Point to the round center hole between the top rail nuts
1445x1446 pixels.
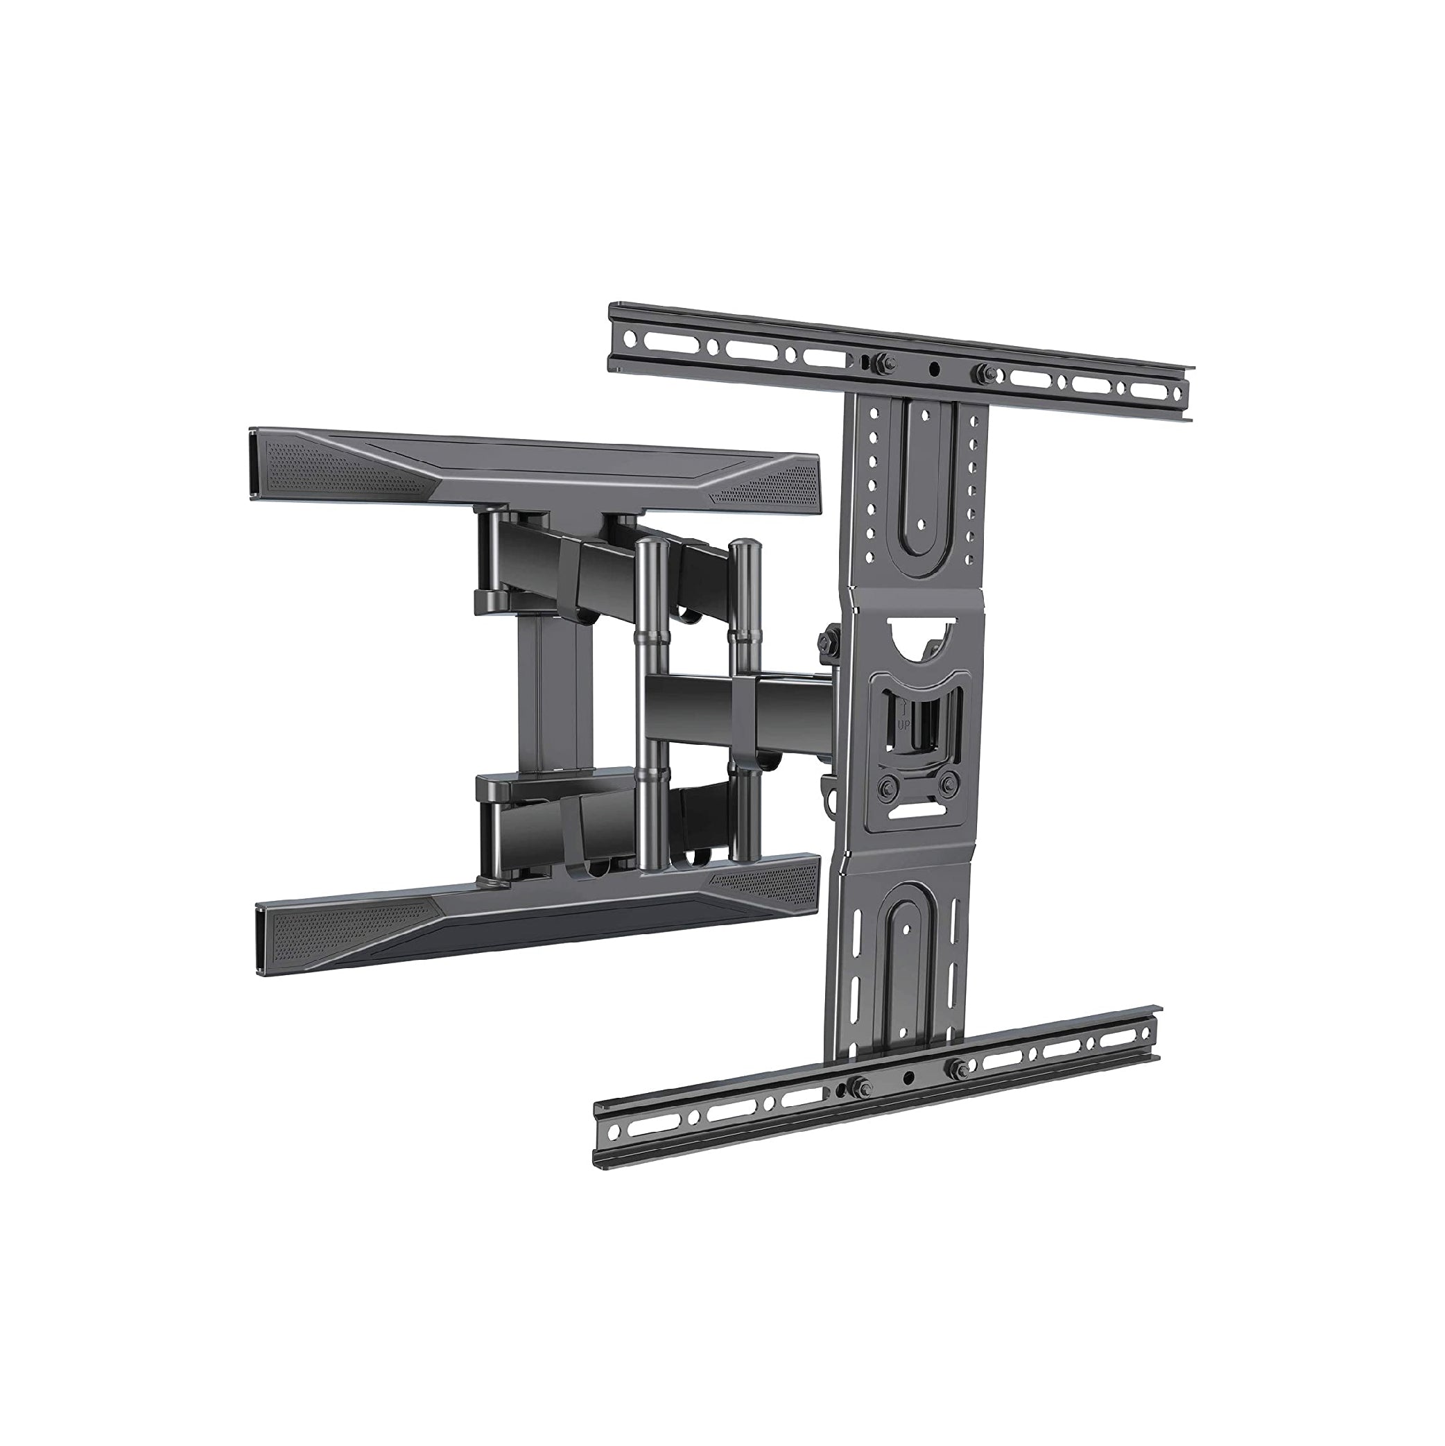pyautogui.click(x=934, y=368)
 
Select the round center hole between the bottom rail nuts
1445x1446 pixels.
pyautogui.click(x=908, y=1078)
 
